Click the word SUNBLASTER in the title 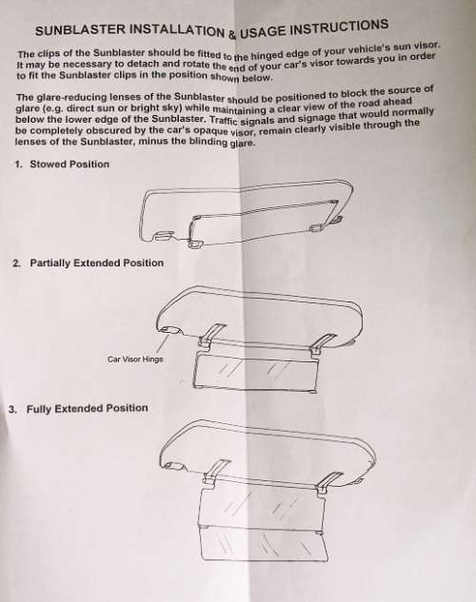[x=80, y=29]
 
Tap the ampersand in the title [x=232, y=35]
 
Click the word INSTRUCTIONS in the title [x=338, y=28]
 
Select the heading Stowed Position [x=69, y=164]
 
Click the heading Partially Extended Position [x=97, y=263]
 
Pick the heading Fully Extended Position [x=88, y=409]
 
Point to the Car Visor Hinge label [x=135, y=359]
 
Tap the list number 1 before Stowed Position [x=18, y=165]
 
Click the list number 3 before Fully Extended [x=12, y=409]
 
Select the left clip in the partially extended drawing [x=209, y=336]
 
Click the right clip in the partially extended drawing [x=322, y=343]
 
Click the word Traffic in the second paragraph [x=225, y=120]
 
